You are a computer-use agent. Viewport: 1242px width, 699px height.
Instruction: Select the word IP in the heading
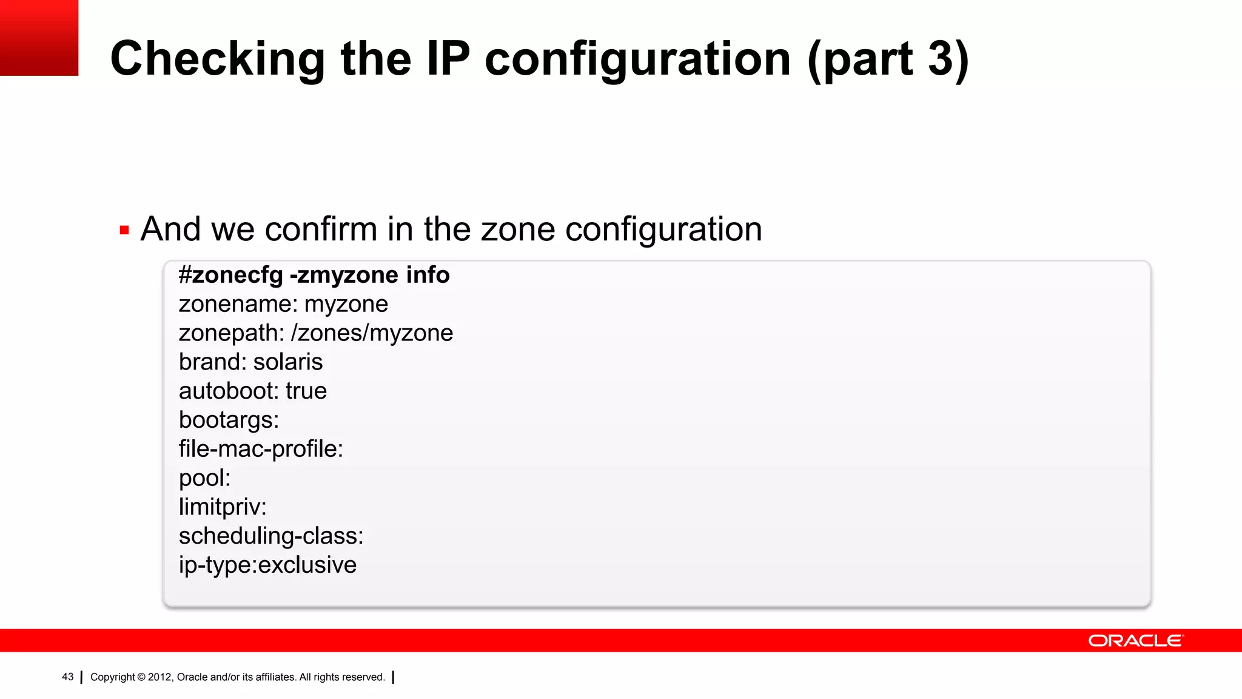(x=448, y=59)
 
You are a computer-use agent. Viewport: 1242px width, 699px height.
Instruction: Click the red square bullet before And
(x=124, y=231)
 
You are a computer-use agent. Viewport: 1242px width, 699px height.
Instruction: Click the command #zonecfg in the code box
(x=230, y=275)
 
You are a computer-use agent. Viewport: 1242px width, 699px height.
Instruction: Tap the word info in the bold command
(x=428, y=275)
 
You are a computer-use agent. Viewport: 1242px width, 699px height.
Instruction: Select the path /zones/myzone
(x=372, y=333)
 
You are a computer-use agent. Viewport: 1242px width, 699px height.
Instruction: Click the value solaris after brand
(x=288, y=362)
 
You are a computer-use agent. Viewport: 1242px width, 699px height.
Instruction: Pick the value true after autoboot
(x=306, y=391)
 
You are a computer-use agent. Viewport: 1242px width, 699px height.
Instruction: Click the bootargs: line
(x=229, y=420)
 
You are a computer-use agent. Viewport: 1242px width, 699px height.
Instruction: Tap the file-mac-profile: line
(x=261, y=450)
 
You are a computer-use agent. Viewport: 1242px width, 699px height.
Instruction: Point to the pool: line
(x=204, y=479)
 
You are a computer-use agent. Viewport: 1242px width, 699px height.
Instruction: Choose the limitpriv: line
(x=223, y=507)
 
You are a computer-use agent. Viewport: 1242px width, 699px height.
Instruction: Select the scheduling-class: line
(x=271, y=536)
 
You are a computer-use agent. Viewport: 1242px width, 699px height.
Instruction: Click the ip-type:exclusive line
(x=267, y=566)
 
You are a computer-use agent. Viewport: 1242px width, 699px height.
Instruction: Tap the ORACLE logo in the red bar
(x=1135, y=641)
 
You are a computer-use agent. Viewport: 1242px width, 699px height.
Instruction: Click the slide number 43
(x=67, y=677)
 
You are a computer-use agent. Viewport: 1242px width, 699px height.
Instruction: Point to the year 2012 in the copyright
(x=159, y=677)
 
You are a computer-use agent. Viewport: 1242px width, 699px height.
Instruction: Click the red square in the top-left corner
(x=39, y=38)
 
